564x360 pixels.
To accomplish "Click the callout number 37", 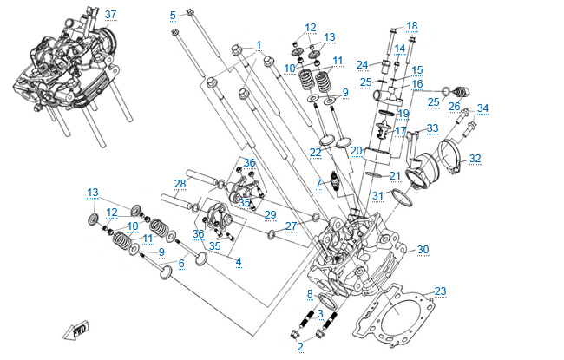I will tap(110, 15).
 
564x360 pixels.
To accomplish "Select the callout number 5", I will tap(173, 15).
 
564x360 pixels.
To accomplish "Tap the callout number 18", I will tap(411, 25).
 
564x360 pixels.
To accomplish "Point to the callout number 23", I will tap(441, 291).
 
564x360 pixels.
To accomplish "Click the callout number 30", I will tap(423, 250).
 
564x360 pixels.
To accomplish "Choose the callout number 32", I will tap(475, 159).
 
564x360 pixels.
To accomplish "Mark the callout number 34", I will tap(482, 108).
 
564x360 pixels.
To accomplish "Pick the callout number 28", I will tap(180, 183).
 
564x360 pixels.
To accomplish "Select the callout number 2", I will tap(300, 346).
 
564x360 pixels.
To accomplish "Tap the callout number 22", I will tap(316, 153).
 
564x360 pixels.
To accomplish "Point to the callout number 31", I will tap(377, 195).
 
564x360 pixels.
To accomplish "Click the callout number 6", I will tap(181, 263).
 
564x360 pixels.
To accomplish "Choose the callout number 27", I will tap(291, 226).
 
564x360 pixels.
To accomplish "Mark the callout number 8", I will tap(309, 294).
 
